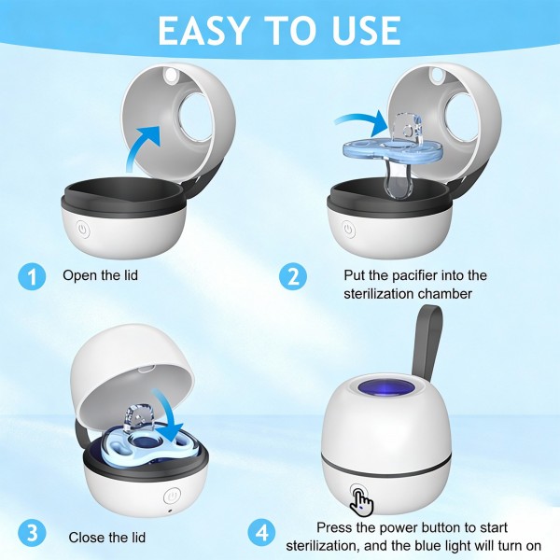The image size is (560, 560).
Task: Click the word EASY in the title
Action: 203,31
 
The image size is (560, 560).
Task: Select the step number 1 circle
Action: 32,276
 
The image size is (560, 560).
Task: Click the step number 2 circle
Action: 293,276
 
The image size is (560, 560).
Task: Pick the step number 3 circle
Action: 32,533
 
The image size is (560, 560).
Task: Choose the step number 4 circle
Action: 261,533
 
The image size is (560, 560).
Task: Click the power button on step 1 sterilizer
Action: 83,229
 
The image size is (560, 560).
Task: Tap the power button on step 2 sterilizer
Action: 348,229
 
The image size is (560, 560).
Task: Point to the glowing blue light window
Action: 385,388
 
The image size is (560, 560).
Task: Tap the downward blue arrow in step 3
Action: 167,417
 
